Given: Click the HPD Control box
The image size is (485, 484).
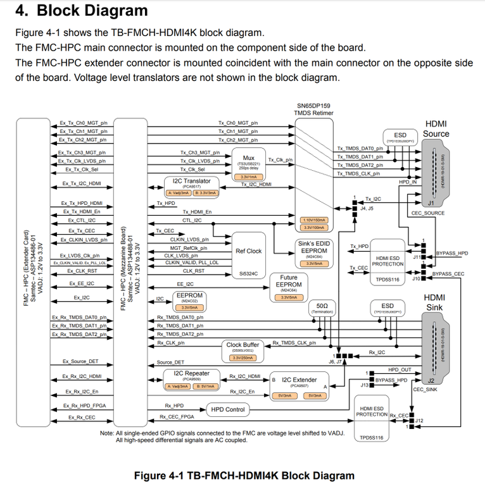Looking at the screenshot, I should (227, 409).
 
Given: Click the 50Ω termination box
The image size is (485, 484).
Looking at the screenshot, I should (322, 307).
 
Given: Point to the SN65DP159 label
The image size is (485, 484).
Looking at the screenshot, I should (313, 107).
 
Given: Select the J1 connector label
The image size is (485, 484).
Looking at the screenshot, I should (430, 204).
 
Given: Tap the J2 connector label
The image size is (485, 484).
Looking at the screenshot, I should (430, 381).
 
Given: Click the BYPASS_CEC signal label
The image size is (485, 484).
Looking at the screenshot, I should (448, 274).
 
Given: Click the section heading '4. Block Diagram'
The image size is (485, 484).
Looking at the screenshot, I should (81, 11).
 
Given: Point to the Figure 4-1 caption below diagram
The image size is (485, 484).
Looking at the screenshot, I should (244, 475).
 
